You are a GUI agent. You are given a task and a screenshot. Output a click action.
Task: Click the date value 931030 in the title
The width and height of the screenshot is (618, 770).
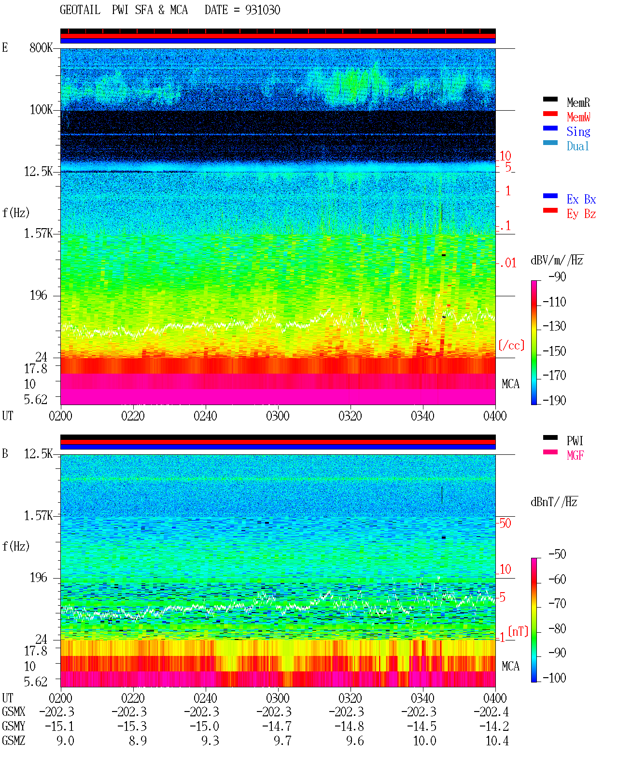pos(263,10)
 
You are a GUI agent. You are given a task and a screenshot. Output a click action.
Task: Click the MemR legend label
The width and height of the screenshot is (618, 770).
pos(578,102)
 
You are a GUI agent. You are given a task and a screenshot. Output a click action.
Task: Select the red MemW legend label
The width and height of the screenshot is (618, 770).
pos(578,117)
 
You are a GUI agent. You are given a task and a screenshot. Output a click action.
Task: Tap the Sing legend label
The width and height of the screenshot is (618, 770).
pos(578,131)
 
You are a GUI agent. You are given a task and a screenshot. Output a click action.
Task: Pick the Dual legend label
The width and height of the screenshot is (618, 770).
pos(578,146)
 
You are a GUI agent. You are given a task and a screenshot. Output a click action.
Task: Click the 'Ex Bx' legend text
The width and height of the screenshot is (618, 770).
pos(581,199)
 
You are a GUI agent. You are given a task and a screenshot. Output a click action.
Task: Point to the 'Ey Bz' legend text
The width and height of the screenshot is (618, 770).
pos(581,214)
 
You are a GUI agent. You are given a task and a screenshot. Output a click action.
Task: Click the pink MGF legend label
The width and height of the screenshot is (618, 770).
pos(576,455)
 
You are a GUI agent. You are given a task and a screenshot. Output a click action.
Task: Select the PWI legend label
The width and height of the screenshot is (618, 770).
pos(575,441)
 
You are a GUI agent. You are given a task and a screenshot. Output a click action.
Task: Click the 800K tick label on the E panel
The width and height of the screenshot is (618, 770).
pos(41,47)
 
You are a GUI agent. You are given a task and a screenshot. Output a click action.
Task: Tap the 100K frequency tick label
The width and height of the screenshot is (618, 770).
pos(41,110)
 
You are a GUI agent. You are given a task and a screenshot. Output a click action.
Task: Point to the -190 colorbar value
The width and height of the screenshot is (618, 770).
pos(554,400)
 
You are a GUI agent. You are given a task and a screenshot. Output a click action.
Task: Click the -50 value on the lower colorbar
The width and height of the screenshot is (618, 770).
pos(557,554)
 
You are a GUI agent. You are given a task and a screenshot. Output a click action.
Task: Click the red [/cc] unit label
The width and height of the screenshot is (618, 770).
pos(511,345)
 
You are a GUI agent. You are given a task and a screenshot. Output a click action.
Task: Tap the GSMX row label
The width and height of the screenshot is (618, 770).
pos(14,712)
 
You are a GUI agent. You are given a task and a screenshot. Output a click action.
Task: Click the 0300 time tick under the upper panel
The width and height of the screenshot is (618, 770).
pos(278,416)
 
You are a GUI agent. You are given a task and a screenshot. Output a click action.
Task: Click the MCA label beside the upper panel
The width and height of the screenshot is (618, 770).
pos(510,384)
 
